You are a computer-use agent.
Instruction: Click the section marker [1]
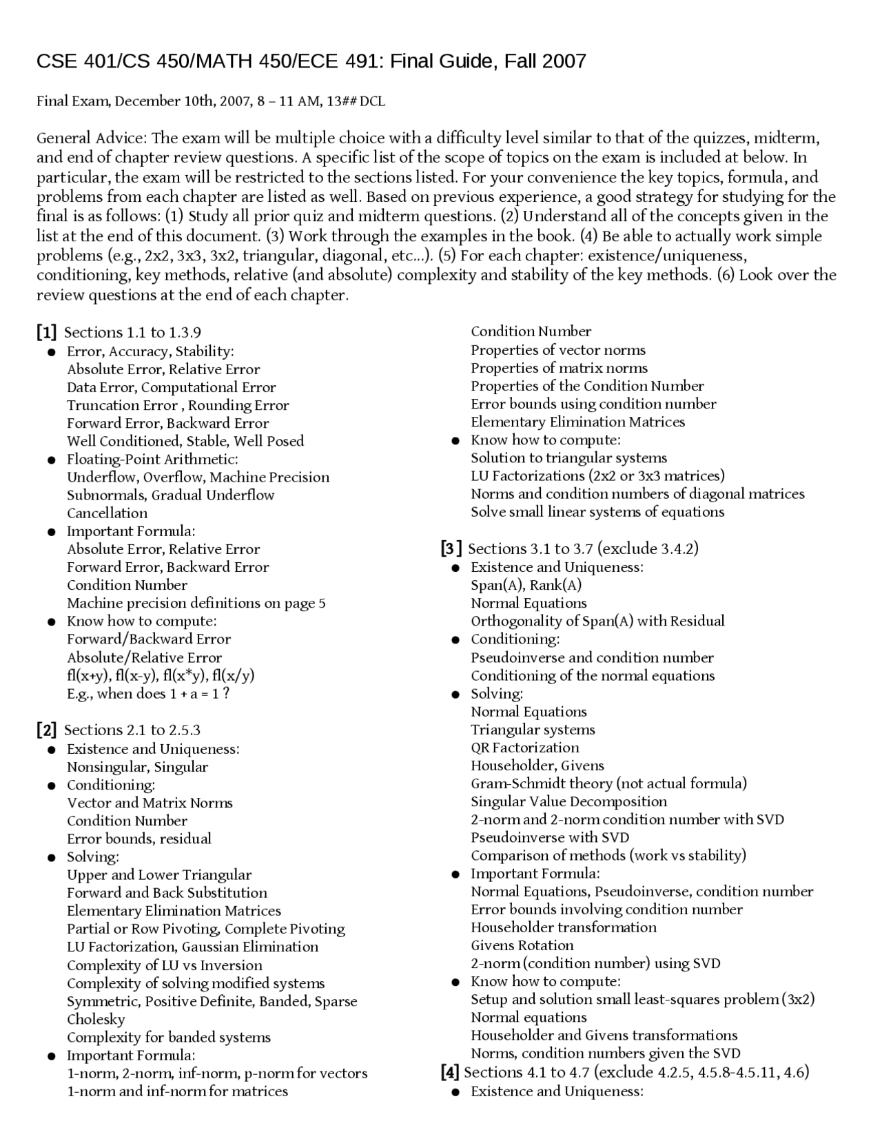tap(47, 333)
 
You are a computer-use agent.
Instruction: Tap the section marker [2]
tap(47, 730)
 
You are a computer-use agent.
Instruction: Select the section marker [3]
tap(451, 549)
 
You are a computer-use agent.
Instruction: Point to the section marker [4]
tap(449, 1072)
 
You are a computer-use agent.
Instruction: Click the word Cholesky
tap(96, 1019)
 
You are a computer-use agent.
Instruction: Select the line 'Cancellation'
tap(107, 513)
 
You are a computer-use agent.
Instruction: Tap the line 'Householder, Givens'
tap(537, 765)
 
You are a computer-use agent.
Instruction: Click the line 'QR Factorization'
tap(525, 748)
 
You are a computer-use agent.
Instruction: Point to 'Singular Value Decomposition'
tap(569, 801)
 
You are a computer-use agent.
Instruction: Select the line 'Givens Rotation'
tap(522, 945)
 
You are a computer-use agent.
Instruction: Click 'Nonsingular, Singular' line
tap(137, 767)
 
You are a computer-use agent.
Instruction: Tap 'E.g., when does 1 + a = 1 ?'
tap(148, 694)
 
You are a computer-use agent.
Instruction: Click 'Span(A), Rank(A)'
tap(526, 585)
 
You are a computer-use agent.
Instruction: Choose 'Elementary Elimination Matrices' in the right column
tap(578, 422)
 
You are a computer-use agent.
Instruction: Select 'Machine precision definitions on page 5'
tap(196, 603)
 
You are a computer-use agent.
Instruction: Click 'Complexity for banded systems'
tap(169, 1037)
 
